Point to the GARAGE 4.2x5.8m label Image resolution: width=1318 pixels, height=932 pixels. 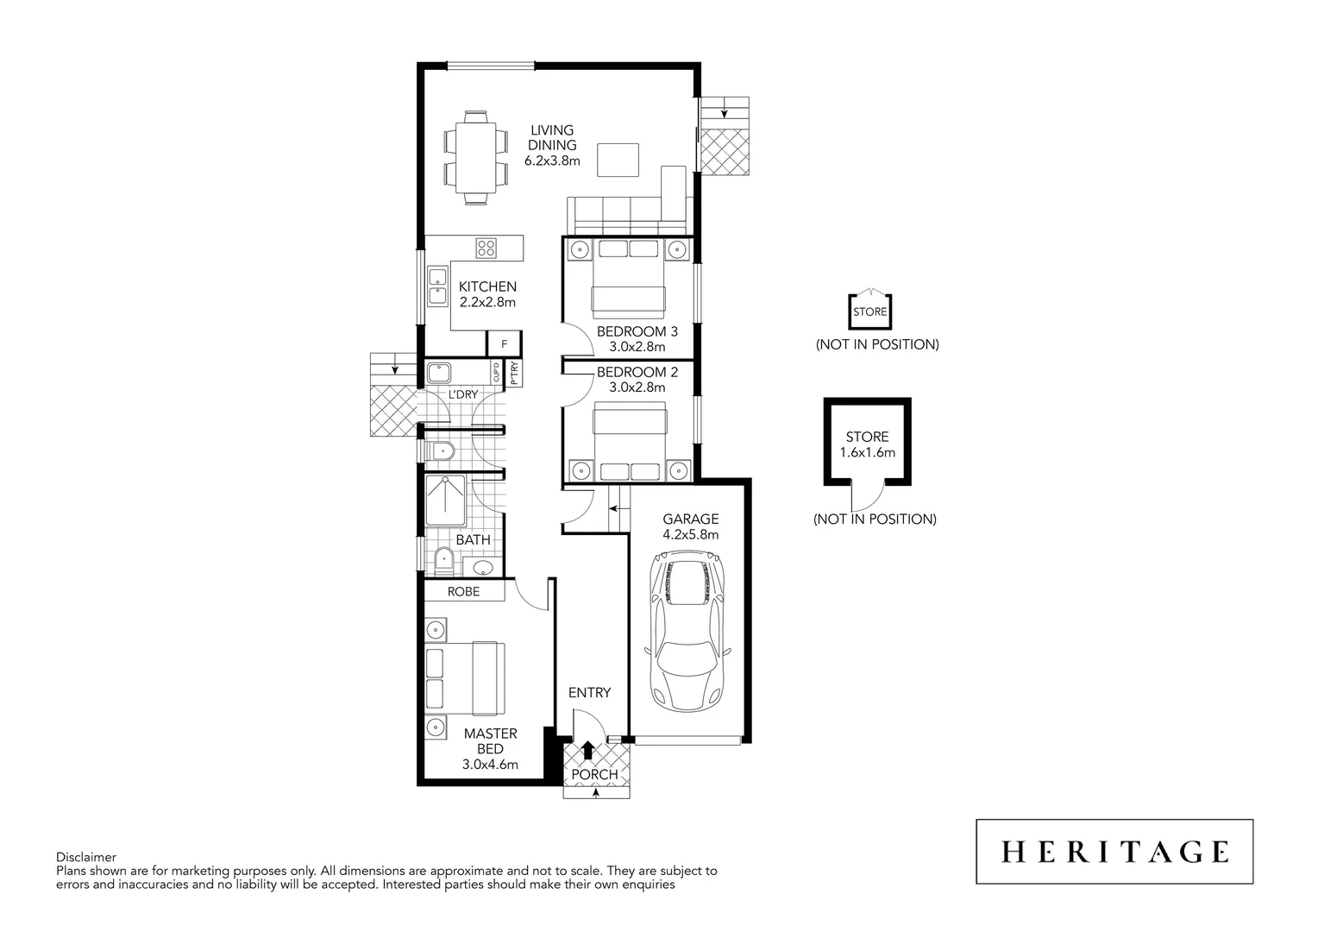(690, 526)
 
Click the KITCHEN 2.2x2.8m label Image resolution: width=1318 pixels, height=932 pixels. (487, 294)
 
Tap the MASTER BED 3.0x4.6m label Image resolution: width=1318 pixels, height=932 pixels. (490, 748)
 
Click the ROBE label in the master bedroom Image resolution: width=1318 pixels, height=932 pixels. (463, 592)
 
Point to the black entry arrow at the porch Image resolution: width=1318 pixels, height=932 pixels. (588, 749)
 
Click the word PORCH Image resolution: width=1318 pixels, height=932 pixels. (595, 775)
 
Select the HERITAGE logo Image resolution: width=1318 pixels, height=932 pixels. (1114, 852)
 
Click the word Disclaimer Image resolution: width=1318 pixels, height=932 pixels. (85, 858)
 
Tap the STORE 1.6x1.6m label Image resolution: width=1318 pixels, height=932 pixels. (867, 444)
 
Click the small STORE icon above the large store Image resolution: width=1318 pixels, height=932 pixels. (869, 311)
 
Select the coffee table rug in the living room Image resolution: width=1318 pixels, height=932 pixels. (618, 160)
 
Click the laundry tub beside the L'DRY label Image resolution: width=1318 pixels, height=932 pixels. (442, 374)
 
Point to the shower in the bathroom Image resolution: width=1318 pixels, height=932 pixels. (445, 500)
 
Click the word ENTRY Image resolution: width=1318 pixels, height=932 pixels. (589, 692)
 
